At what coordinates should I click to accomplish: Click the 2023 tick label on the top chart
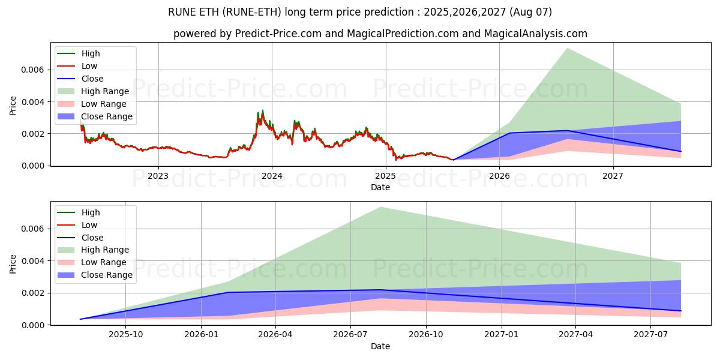point(158,176)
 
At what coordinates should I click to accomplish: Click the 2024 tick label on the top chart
point(272,176)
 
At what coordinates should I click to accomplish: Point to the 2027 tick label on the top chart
point(613,176)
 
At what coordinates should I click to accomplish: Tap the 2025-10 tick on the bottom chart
point(126,335)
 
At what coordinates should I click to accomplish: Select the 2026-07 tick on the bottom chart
point(351,335)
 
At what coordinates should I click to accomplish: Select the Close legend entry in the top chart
point(92,79)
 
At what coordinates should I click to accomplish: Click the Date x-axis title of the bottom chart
point(380,346)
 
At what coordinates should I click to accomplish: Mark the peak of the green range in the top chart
point(567,48)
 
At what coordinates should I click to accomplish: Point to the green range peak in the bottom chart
point(380,207)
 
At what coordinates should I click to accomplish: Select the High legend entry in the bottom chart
point(91,212)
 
